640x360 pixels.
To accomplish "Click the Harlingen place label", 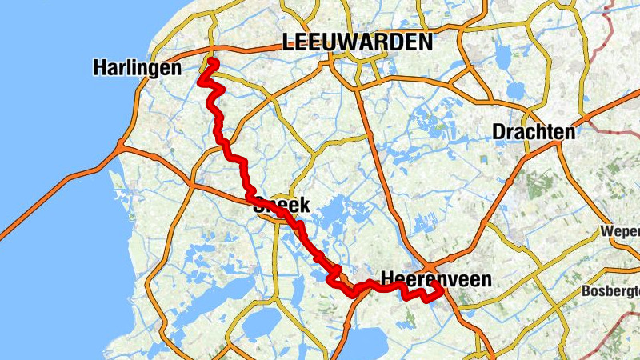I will (x=137, y=68).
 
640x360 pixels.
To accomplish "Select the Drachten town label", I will (x=534, y=131).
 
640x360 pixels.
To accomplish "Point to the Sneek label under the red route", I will (x=281, y=206).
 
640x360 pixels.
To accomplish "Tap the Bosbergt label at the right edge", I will (x=613, y=290).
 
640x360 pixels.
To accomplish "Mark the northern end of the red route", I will (x=214, y=62).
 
